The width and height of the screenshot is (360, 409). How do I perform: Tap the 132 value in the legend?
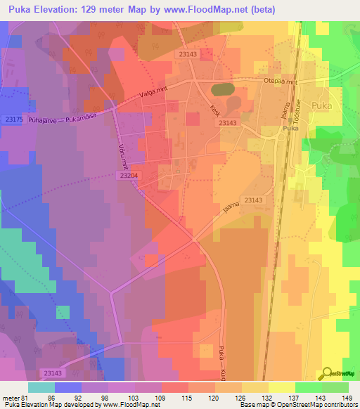pos(268,398)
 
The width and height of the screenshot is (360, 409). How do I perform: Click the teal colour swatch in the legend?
pos(42,387)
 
